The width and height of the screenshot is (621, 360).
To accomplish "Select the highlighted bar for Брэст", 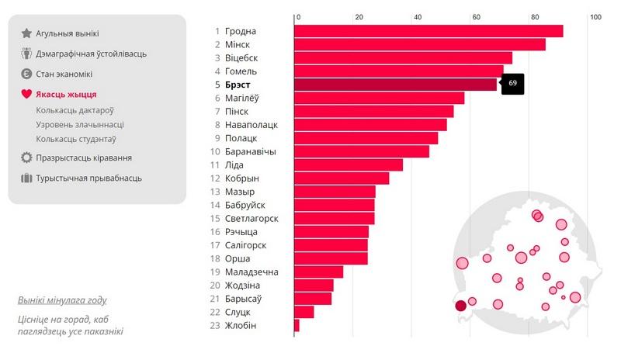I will click(x=395, y=85).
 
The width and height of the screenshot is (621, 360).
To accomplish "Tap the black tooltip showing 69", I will click(x=512, y=83).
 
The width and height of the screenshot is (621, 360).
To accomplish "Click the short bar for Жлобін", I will click(x=297, y=325).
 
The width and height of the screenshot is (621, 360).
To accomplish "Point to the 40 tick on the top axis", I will click(x=418, y=17).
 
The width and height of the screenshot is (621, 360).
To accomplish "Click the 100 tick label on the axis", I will click(x=595, y=17).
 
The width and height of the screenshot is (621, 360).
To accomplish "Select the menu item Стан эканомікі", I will click(x=64, y=74).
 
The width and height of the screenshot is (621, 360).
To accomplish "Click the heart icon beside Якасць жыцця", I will click(x=26, y=95).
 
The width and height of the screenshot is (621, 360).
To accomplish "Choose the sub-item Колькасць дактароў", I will click(x=75, y=110).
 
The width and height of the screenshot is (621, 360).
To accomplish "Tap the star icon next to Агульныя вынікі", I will click(x=26, y=33).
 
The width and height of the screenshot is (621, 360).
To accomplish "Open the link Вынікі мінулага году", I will click(x=62, y=300).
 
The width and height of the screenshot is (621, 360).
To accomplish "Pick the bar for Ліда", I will click(x=349, y=164).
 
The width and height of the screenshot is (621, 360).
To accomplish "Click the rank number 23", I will click(x=216, y=325).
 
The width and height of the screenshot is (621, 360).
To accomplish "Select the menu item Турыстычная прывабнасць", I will click(x=88, y=178).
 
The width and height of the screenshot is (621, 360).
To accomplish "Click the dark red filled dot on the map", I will click(x=460, y=305).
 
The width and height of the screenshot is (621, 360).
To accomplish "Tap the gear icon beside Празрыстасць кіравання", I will click(x=26, y=157).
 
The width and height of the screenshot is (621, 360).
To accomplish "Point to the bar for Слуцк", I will click(x=304, y=312).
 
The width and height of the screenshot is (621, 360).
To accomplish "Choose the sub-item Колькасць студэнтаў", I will click(x=76, y=139).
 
